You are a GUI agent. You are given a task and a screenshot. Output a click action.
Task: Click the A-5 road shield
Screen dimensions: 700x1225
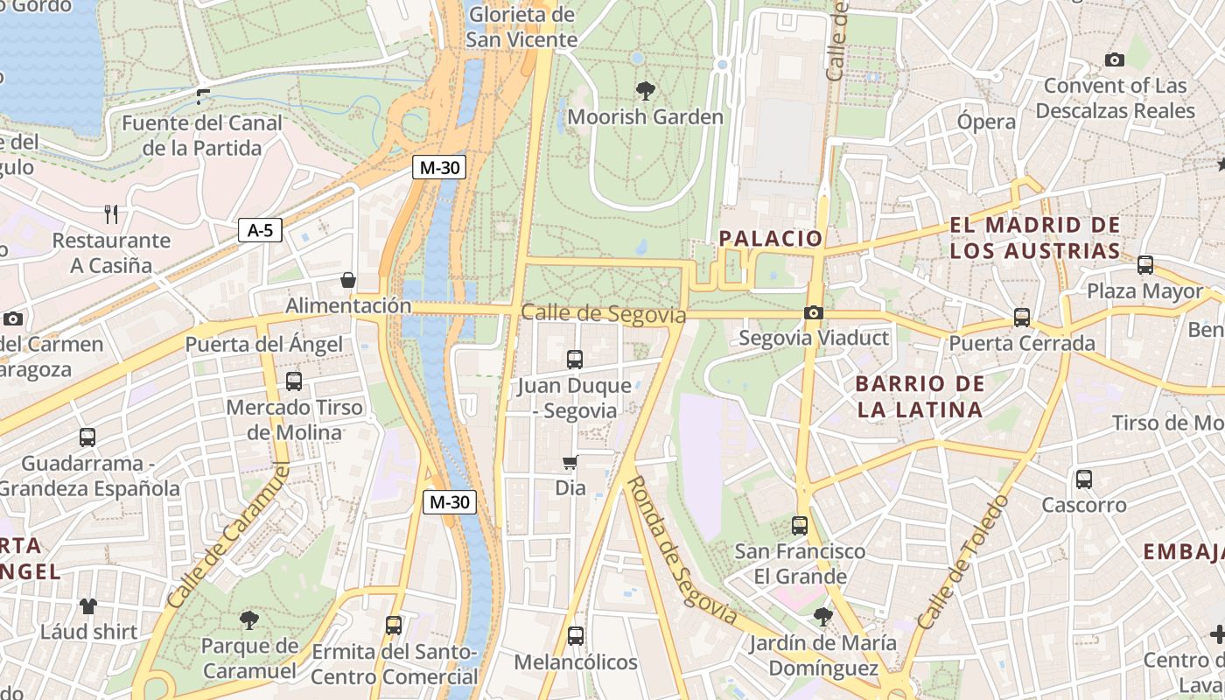coord(260,230)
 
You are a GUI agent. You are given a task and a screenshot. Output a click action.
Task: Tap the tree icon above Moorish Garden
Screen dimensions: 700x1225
coord(646,90)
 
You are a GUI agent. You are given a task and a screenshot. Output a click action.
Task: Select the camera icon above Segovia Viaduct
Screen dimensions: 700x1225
coord(814,312)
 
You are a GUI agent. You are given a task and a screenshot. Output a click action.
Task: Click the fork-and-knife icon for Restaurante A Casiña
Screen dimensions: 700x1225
coord(110,214)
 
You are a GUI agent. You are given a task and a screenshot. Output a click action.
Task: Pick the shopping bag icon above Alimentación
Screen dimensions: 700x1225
coord(348,280)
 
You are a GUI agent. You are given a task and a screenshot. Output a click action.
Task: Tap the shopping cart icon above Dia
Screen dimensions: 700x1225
coord(570,462)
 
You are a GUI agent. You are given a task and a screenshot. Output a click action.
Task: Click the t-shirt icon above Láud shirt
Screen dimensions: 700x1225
coord(87,605)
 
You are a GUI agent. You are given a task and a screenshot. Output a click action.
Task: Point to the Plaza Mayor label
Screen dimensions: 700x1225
coord(1144,291)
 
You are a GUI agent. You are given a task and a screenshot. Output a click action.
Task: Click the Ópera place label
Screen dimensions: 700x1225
coord(986,122)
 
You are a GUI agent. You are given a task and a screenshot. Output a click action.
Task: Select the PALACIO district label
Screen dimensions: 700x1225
coord(771,238)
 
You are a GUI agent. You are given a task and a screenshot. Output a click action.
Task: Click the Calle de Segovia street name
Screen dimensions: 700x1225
coord(603,313)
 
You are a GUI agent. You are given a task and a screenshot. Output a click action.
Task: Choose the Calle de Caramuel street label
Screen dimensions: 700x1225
coord(227,535)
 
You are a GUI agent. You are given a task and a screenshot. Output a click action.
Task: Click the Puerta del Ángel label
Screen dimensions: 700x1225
coord(263,344)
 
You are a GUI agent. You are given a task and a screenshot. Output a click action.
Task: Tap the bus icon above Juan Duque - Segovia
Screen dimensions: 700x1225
coord(575,359)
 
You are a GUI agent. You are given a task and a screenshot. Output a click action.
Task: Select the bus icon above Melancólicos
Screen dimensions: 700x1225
coord(575,636)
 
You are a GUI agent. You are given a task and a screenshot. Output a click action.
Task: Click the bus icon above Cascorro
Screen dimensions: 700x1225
coord(1084,479)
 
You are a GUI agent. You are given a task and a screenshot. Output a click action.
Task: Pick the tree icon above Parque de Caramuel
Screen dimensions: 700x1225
coord(249,620)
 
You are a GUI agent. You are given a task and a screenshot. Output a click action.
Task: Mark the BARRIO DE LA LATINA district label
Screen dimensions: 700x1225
coord(920,396)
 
